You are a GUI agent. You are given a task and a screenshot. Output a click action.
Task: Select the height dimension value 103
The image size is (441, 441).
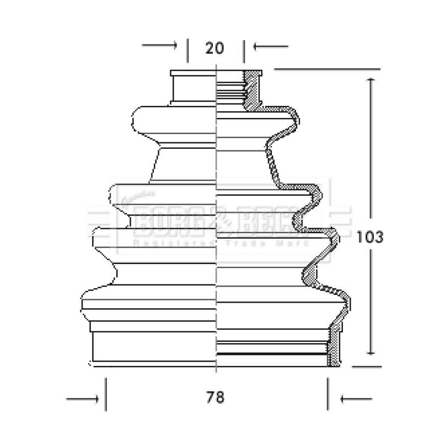pos(369,237)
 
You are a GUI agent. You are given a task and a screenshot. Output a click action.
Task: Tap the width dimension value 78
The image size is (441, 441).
pos(216,397)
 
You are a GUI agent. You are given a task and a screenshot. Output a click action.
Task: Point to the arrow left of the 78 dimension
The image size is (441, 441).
pos(83,397)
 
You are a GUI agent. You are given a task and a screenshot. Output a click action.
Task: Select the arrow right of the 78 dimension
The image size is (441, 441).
pos(356,397)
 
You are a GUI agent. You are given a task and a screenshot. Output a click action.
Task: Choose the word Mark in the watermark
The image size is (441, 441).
pos(289,243)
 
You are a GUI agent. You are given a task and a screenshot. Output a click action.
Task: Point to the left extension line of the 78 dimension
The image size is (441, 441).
pos(106,394)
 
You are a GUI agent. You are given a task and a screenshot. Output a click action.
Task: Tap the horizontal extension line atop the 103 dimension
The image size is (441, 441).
pos(328,69)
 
